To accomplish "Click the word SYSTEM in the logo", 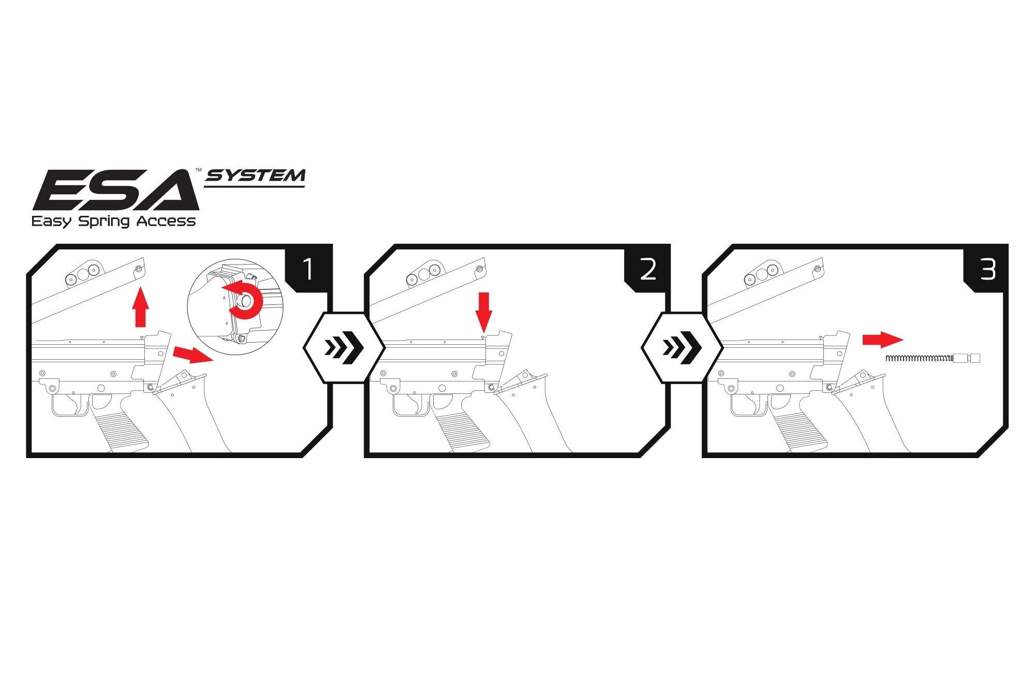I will tap(256, 177).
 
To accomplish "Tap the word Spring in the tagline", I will tap(103, 222).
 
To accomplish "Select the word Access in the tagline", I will tap(166, 222).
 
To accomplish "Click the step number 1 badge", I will tap(308, 270).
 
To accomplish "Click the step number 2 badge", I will tap(647, 270).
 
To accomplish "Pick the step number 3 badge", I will tap(987, 270).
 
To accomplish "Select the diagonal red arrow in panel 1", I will tap(192, 355).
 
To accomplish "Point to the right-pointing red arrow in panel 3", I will tap(882, 340).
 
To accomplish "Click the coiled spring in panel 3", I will tap(919, 358).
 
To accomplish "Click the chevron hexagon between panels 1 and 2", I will tap(343, 348).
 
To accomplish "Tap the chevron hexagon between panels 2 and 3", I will tap(682, 348).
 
